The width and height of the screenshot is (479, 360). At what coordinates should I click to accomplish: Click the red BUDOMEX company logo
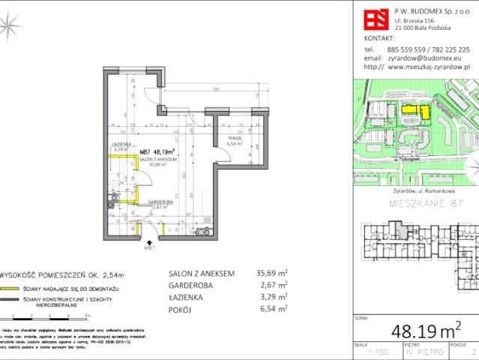(375, 19)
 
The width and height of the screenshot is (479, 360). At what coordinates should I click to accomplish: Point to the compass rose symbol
(10, 28)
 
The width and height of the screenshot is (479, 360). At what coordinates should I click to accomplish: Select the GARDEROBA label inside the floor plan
(160, 202)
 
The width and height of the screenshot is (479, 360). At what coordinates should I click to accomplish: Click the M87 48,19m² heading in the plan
(162, 150)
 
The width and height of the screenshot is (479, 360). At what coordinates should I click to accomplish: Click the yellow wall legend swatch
(9, 289)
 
